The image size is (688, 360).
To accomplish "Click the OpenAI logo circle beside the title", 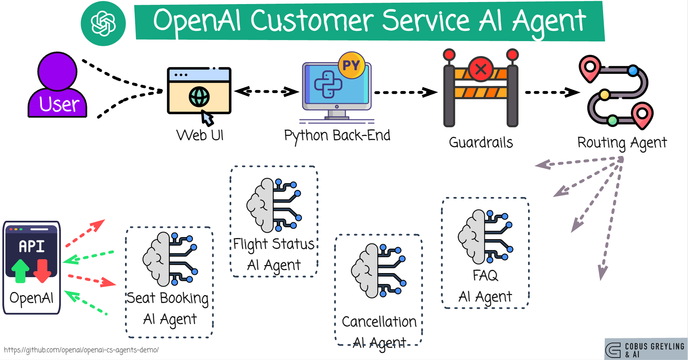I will point(103,23).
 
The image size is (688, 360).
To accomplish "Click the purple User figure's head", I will point(57,71).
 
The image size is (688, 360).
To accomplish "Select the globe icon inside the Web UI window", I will point(199,97).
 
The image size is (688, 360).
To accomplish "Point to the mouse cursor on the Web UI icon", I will point(207,118).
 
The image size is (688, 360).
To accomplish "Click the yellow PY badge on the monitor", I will point(351,65).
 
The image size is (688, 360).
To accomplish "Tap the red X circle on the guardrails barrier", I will point(481,69).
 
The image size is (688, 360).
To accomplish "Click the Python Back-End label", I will point(337,136).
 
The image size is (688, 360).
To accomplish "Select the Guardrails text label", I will point(481,143).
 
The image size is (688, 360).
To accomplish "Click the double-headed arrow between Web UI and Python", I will point(267,91).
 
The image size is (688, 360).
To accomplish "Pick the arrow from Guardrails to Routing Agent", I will point(552,92).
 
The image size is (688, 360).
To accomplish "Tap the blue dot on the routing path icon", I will point(633,71).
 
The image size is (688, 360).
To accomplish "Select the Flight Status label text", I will point(274,244).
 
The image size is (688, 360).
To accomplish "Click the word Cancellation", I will point(379,322).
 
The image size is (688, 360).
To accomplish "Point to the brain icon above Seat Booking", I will point(170,259).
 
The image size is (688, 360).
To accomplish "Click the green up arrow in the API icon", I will point(20,271).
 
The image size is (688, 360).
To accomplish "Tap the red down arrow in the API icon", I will point(42,271).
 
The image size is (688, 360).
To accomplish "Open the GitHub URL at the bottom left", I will point(81,350).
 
